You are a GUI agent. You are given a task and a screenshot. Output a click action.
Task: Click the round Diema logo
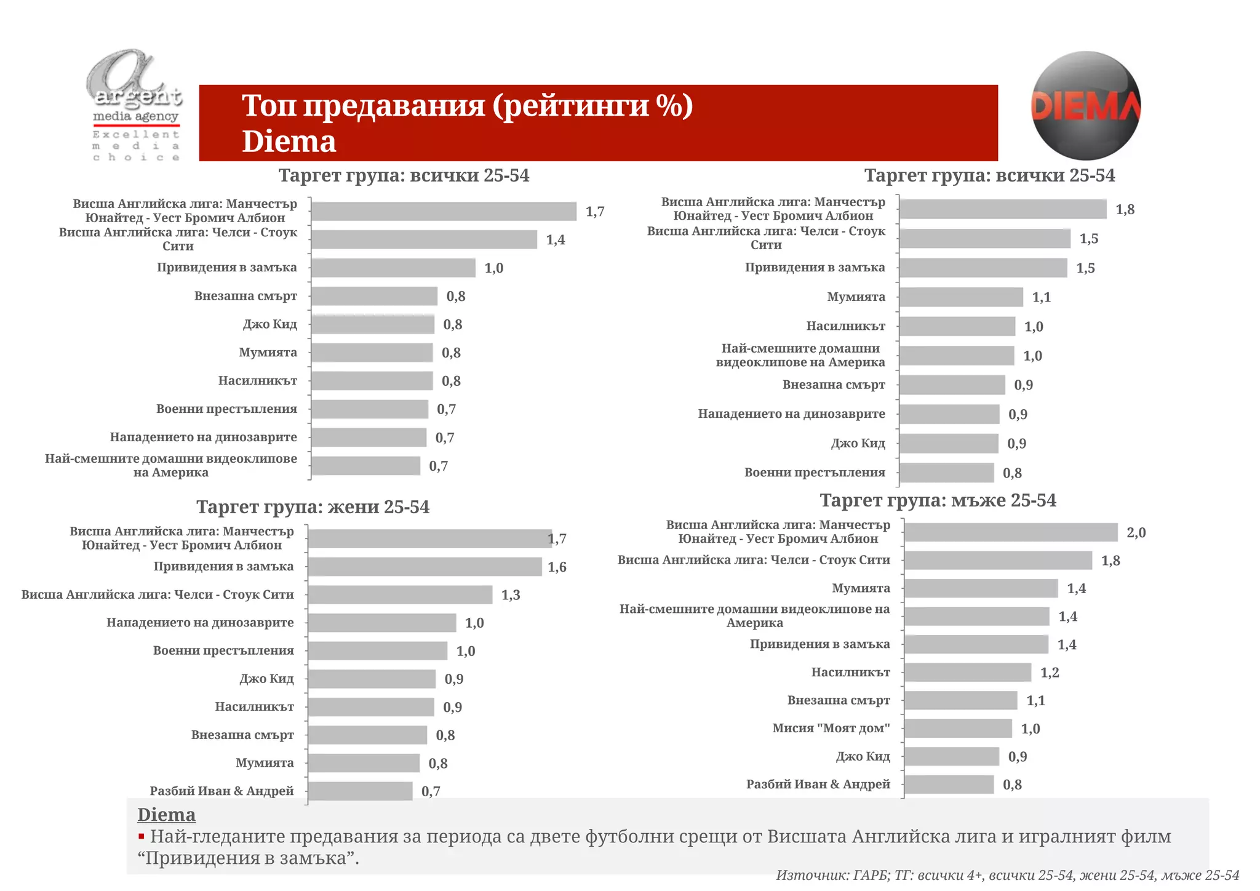(1085, 106)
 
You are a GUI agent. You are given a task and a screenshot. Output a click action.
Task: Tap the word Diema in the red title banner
(289, 142)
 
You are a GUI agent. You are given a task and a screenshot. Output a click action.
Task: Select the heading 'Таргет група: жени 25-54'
(313, 507)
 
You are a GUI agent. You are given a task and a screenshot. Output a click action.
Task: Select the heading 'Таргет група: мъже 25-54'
(938, 500)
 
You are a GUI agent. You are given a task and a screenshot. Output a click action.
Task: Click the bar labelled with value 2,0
(1010, 532)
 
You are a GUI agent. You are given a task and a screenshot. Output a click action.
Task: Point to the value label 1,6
(557, 567)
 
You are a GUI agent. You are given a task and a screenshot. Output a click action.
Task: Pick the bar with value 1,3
(400, 594)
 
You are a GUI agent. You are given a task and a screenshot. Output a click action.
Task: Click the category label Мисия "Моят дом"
(831, 728)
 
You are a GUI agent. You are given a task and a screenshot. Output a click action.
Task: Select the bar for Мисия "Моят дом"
(957, 729)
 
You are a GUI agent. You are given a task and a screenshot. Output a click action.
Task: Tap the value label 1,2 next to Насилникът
(1050, 673)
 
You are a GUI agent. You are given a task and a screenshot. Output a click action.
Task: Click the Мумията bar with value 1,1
(960, 297)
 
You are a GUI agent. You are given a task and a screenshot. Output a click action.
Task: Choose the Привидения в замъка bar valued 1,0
(393, 268)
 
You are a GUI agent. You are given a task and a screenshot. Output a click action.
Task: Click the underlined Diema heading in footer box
(166, 815)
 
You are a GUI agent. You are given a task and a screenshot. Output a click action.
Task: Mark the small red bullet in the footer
(142, 836)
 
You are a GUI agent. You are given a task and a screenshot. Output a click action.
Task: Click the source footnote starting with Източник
(1007, 875)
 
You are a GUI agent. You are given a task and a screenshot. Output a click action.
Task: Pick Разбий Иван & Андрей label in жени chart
(221, 791)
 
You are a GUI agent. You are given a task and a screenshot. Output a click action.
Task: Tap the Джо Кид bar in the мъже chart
(951, 756)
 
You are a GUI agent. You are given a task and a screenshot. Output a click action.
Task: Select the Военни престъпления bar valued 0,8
(946, 473)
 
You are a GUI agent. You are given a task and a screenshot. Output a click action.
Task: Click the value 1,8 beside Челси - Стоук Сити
(1110, 561)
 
